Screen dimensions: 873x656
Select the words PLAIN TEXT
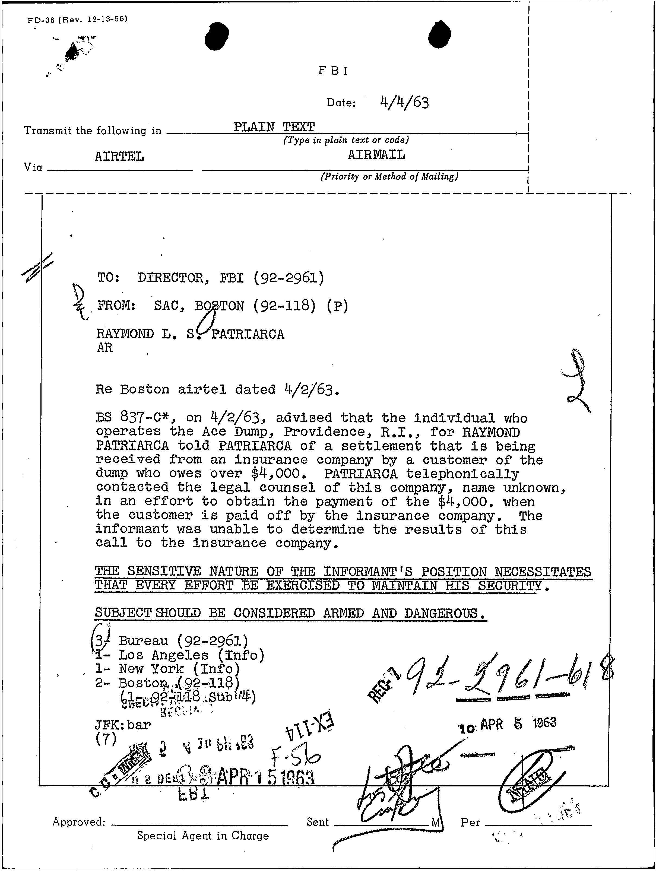tap(274, 127)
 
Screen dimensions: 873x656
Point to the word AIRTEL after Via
tap(119, 156)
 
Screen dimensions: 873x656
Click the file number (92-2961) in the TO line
tap(288, 278)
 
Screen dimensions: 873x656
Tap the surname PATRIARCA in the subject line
tap(248, 334)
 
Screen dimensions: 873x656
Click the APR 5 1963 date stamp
tap(508, 725)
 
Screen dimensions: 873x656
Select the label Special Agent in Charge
tap(202, 836)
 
